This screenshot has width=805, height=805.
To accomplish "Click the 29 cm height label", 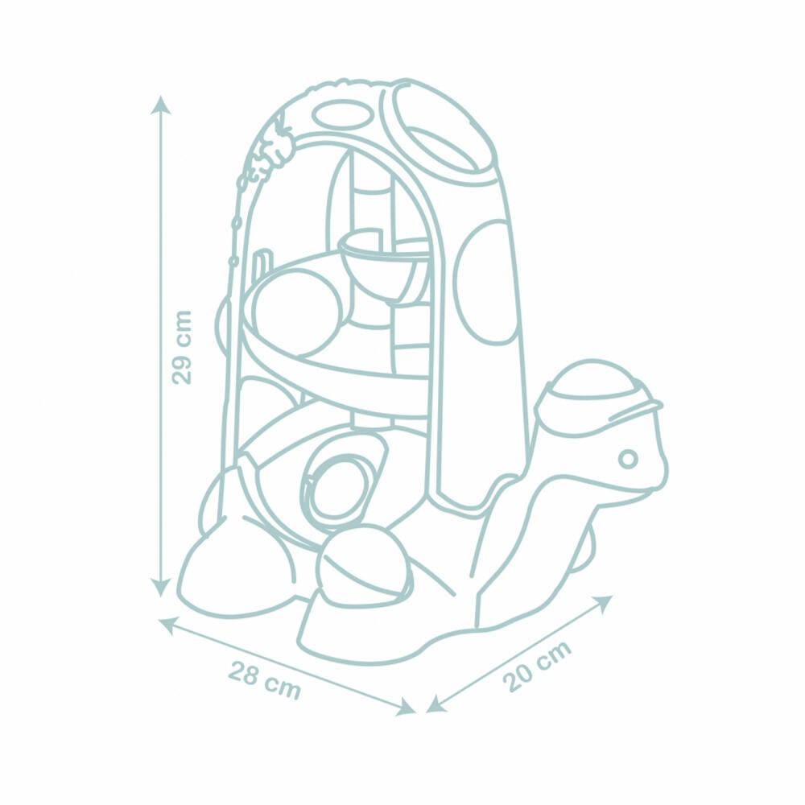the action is [x=182, y=347].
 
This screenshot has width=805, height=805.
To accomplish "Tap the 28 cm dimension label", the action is [x=264, y=680].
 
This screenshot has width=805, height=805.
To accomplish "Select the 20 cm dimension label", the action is [x=536, y=666].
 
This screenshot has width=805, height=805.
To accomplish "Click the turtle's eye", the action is [x=627, y=459].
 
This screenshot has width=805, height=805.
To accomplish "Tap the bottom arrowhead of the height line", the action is [x=161, y=588].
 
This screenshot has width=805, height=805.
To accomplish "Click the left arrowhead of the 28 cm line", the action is [x=167, y=625].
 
